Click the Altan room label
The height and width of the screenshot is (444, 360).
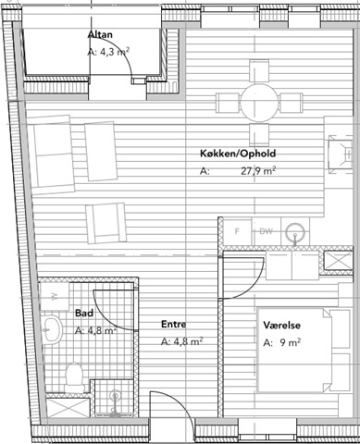tap(100, 34)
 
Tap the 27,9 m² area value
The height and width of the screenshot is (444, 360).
tap(258, 170)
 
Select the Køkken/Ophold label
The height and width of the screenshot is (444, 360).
tap(238, 154)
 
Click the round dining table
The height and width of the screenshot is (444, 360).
tap(260, 103)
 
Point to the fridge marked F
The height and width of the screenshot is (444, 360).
tap(237, 231)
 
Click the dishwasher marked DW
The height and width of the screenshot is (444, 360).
tap(266, 231)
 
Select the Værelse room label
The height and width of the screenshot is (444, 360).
tap(281, 325)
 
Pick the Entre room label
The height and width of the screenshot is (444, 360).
tap(174, 324)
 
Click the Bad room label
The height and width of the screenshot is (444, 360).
tap(84, 314)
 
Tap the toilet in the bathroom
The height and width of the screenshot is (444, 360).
tap(74, 376)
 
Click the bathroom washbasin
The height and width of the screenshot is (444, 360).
tap(52, 329)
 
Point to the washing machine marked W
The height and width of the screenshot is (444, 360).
tap(55, 297)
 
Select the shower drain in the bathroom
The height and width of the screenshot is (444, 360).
tap(116, 395)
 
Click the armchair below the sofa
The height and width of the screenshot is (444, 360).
tap(106, 222)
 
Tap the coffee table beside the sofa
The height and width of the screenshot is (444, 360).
tap(101, 151)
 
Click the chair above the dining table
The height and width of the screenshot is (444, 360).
tap(259, 71)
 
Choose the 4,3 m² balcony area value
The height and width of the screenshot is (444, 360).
tap(108, 52)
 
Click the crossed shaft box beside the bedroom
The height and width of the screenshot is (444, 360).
tap(338, 260)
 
